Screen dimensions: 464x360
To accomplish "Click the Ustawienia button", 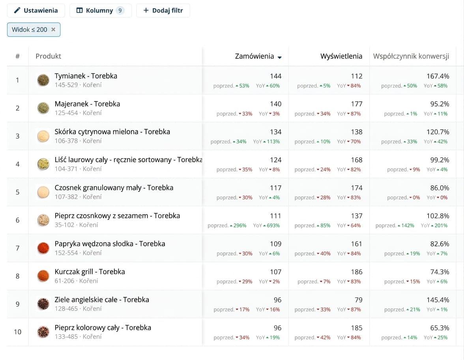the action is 36,11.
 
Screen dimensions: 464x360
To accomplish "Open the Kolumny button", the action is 100,11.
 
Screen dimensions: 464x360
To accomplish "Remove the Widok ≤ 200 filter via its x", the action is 53,30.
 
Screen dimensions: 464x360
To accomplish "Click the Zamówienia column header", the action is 254,56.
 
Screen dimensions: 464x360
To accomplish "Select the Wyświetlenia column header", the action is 341,56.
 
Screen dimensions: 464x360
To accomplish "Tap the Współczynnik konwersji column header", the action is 411,56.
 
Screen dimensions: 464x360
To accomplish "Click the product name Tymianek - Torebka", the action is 86,76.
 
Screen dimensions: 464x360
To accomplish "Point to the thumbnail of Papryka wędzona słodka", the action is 43,248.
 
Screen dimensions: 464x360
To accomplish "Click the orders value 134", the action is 275,132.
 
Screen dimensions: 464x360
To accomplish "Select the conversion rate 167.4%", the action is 438,76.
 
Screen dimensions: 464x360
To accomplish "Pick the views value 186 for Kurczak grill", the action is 357,272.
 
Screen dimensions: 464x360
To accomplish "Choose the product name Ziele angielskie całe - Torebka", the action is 102,300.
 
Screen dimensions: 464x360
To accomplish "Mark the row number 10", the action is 17,332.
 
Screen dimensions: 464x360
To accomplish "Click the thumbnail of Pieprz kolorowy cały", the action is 43,332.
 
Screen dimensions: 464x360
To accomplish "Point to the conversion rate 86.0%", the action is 440,188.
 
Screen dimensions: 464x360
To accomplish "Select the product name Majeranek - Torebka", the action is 87,104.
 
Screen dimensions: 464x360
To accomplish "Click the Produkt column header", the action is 48,56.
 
